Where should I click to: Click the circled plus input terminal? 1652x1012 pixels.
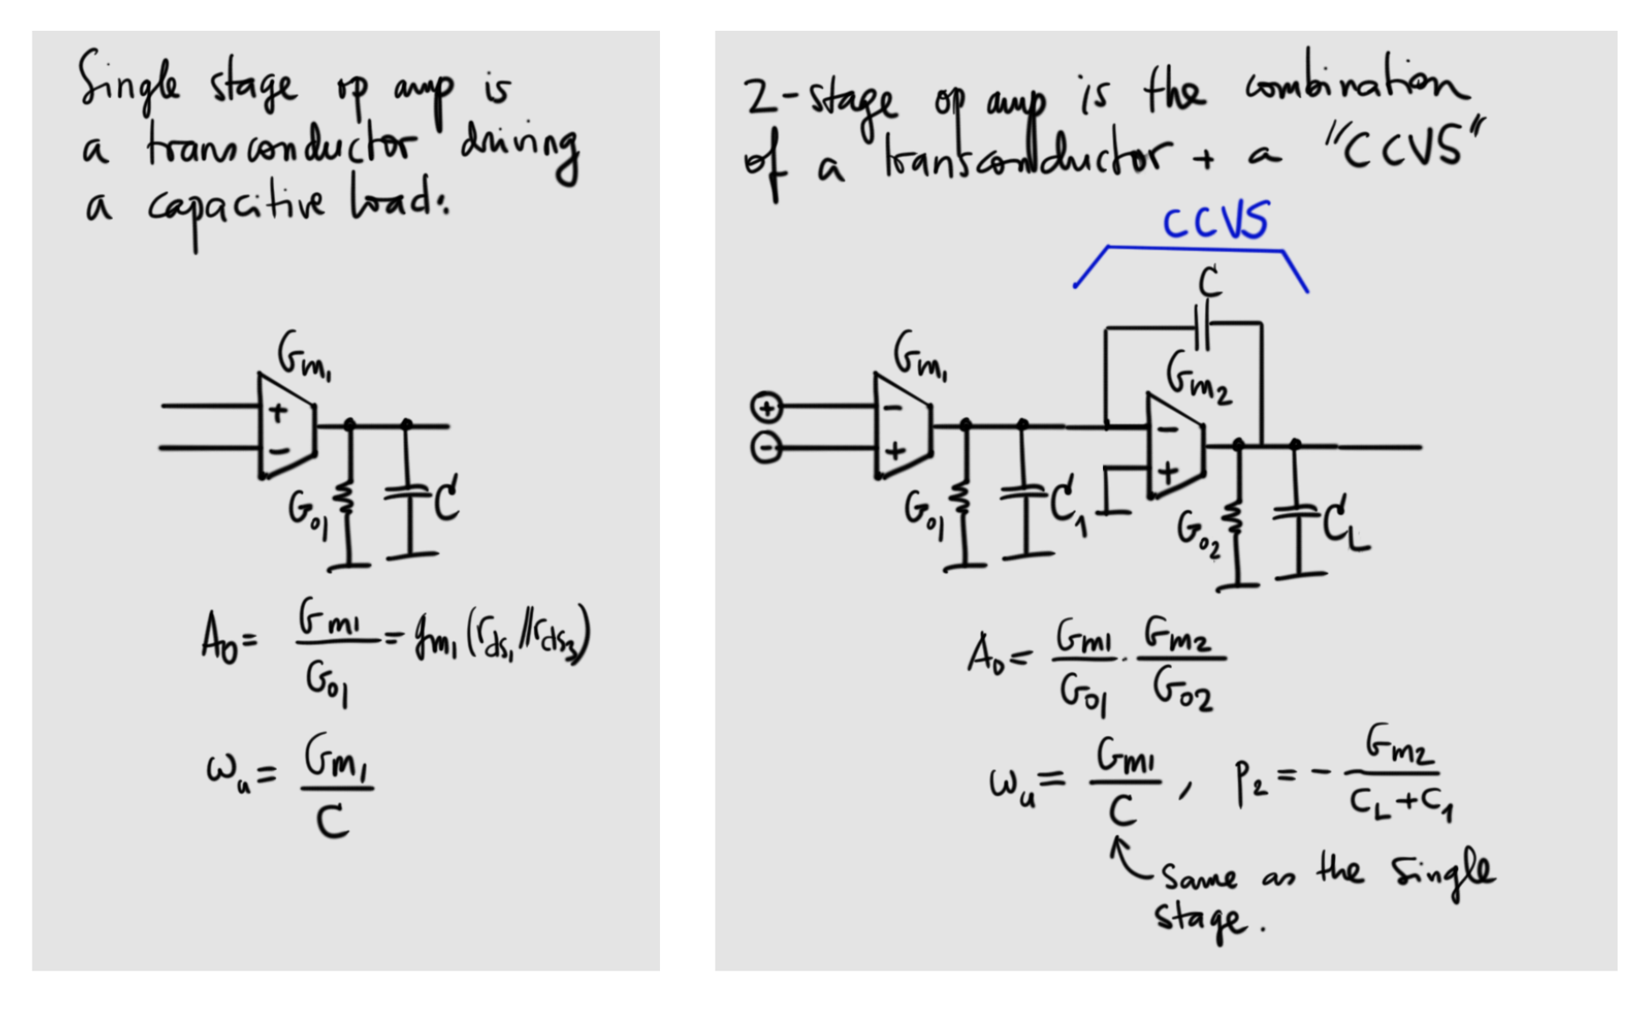(766, 408)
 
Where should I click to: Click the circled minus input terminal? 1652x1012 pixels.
(766, 448)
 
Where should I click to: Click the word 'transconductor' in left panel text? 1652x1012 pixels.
(280, 145)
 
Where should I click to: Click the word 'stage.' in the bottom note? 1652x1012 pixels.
(1203, 919)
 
